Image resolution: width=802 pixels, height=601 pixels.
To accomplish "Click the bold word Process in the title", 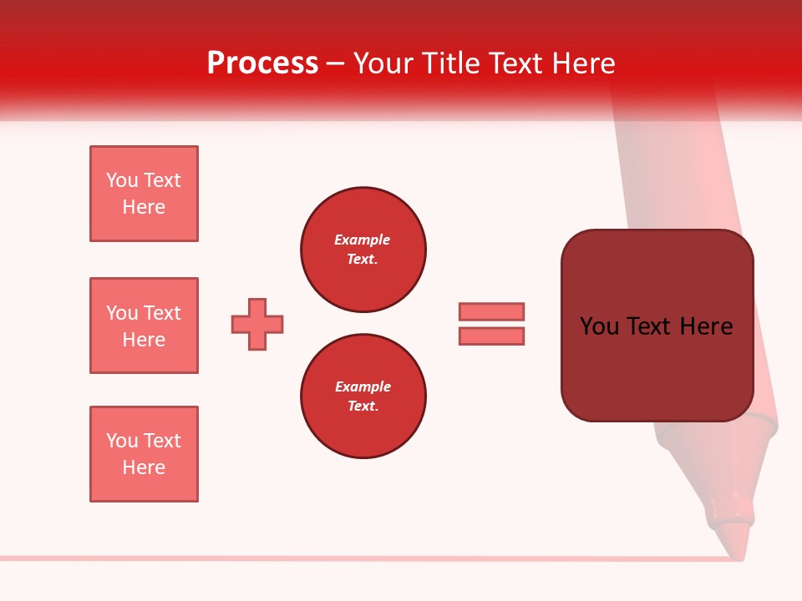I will point(262,63).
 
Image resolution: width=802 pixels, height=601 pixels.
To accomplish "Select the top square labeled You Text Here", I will point(144,194).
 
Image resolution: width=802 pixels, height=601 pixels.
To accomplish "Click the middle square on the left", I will point(144,326).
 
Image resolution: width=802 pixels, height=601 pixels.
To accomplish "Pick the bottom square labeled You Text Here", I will point(144,454).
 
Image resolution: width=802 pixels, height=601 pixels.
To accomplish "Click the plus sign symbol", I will point(257,324).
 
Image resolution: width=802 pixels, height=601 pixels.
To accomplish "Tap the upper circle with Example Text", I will point(363,250).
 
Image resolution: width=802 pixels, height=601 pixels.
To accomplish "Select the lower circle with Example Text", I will point(363,396).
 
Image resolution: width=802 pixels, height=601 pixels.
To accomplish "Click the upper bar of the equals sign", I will point(491,311).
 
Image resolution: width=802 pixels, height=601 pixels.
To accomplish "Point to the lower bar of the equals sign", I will point(491,336).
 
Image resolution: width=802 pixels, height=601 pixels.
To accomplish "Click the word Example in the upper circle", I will point(362,240).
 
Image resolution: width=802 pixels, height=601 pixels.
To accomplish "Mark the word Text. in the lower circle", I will point(363,406).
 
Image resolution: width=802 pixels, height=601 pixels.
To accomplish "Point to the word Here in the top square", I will point(144,207).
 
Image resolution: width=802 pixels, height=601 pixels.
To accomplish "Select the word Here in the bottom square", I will point(144,467).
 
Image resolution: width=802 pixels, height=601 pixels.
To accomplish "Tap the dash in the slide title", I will point(336,63).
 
